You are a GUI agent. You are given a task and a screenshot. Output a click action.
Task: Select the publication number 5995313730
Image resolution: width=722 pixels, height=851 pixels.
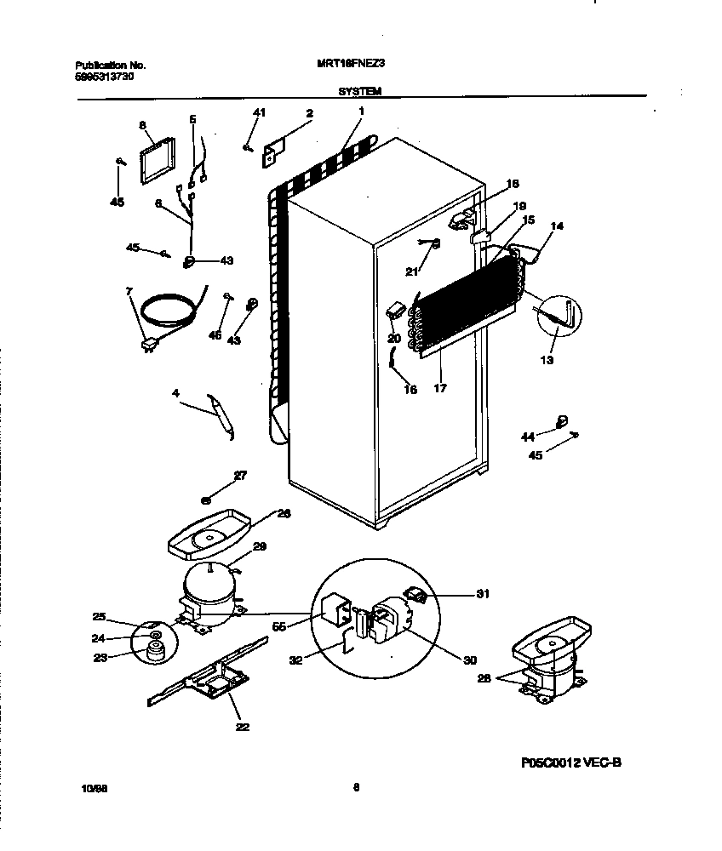tap(105, 77)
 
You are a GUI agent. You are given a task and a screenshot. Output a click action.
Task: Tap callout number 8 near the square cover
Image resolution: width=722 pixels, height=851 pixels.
tap(142, 125)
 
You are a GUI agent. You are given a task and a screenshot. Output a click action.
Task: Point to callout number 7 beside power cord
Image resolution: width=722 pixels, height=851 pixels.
tap(129, 292)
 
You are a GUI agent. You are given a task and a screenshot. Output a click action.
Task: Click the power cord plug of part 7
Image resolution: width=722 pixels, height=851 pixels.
tap(151, 344)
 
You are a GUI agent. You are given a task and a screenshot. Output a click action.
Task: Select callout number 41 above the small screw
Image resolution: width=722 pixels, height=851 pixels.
tap(260, 113)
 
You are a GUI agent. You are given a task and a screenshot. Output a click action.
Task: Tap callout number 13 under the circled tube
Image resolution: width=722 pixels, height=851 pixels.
tap(546, 360)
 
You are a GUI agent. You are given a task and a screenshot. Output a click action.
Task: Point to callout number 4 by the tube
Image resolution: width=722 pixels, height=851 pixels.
tap(175, 393)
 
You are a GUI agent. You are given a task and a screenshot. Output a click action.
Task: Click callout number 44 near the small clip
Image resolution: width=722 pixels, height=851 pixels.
tap(528, 437)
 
